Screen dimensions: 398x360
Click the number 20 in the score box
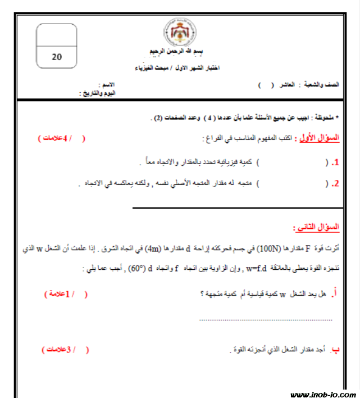tap(57, 56)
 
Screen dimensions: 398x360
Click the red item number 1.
tap(335, 163)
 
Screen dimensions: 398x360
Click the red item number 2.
tap(335, 184)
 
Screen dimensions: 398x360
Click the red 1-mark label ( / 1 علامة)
tap(66, 293)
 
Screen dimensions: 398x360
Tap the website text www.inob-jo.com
tap(322, 394)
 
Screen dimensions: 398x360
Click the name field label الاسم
tap(107, 85)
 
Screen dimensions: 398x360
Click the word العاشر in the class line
tap(286, 85)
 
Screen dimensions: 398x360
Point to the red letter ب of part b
tap(335, 350)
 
